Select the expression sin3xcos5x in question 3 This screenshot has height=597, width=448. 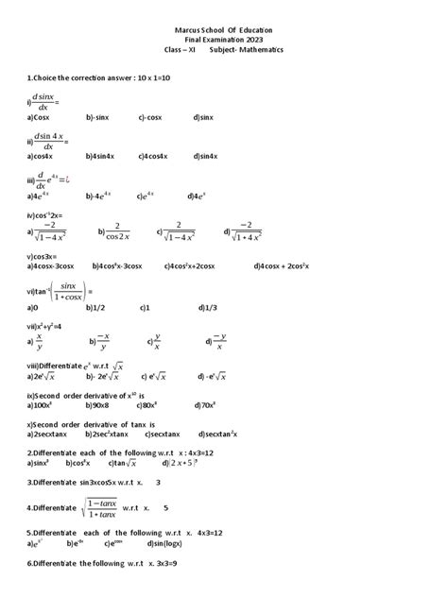pyautogui.click(x=104, y=482)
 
